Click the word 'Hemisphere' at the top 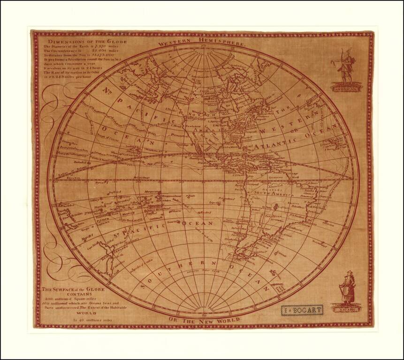pyautogui.click(x=221, y=42)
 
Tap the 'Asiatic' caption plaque pyautogui.click(x=346, y=310)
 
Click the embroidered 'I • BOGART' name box pyautogui.click(x=302, y=311)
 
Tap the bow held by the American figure pyautogui.click(x=341, y=60)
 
